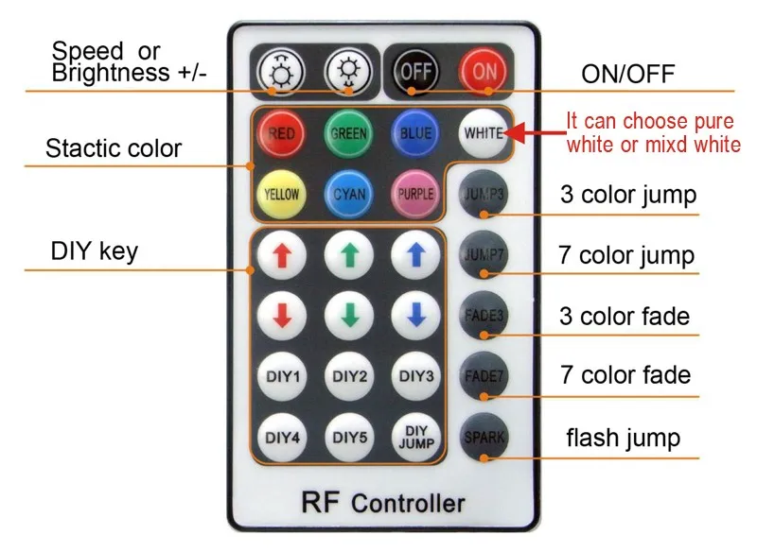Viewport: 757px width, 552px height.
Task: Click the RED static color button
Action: coord(280,134)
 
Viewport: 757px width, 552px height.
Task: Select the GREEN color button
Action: coord(348,134)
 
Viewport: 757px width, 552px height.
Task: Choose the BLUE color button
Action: coord(415,134)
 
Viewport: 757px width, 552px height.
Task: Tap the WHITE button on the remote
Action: coord(483,133)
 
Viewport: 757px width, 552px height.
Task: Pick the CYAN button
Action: coord(348,194)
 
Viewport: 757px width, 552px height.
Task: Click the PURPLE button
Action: coord(415,194)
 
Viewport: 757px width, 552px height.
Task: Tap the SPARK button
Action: coord(484,437)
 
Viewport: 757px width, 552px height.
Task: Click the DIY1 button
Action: coord(281,376)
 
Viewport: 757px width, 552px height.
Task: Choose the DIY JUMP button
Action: coord(415,436)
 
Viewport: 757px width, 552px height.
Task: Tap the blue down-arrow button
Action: coord(415,315)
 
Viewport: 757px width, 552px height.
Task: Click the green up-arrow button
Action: coord(348,254)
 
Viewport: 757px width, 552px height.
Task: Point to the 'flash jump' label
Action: coord(623,438)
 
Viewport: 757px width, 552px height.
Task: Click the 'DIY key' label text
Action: coord(94,251)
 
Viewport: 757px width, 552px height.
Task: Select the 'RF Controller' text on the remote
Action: coord(382,501)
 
